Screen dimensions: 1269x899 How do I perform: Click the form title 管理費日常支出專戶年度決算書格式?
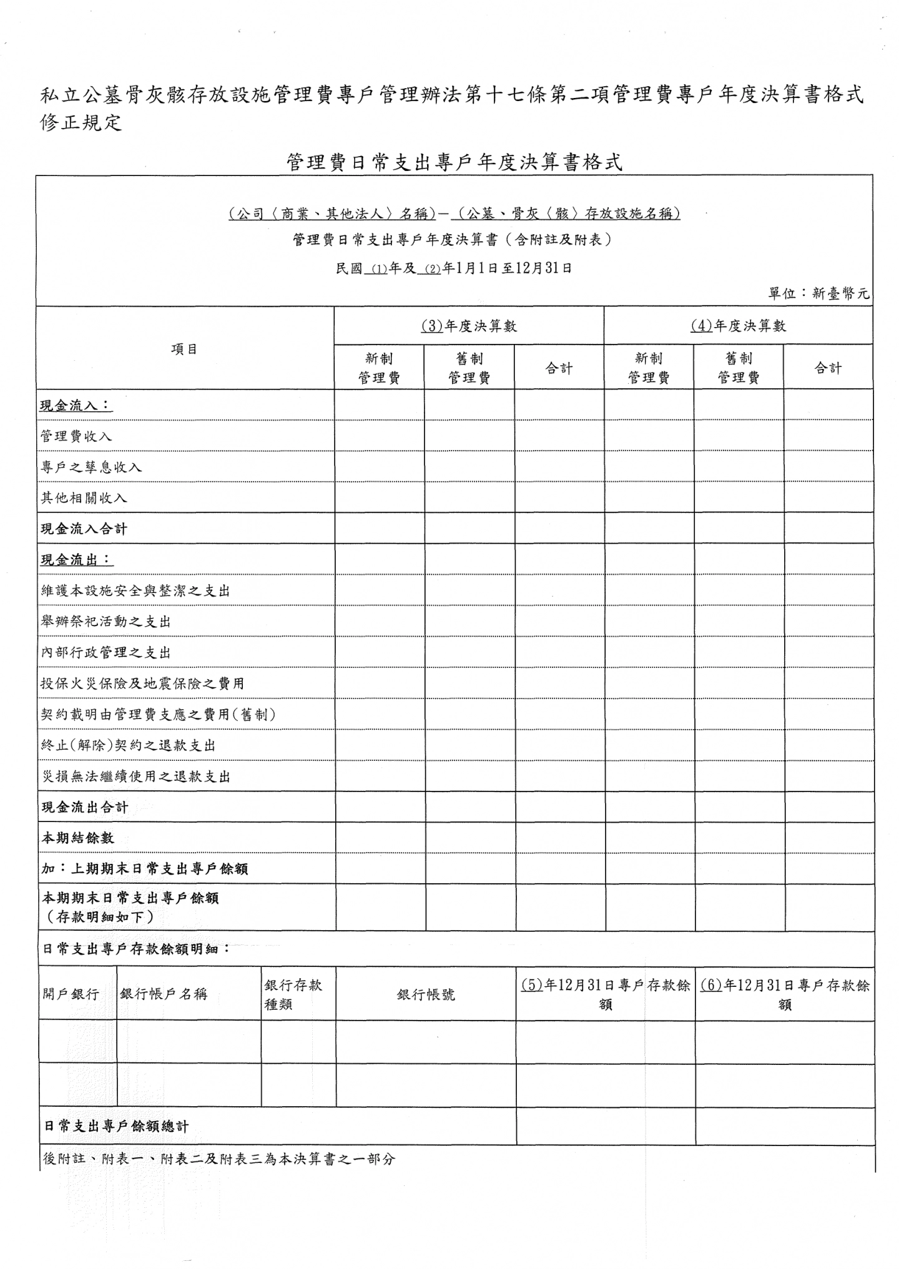[454, 163]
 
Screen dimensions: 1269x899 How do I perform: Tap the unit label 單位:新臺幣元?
[818, 293]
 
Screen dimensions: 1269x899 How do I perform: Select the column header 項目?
[184, 349]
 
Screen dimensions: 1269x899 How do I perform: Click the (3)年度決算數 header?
[469, 326]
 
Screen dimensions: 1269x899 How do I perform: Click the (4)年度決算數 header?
[738, 326]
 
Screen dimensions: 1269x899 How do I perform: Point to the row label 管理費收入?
[76, 436]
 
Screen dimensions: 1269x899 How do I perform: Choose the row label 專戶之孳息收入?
[91, 467]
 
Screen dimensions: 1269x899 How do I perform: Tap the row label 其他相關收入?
[84, 497]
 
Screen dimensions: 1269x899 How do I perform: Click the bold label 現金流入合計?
[84, 529]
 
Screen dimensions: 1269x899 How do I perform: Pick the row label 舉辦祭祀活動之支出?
[106, 622]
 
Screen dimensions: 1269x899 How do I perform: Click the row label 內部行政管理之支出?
[106, 653]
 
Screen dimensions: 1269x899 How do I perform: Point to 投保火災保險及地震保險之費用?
[142, 683]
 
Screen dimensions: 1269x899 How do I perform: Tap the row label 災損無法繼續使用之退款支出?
[135, 777]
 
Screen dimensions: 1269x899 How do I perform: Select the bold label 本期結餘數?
[77, 838]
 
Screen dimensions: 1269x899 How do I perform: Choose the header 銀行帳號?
[426, 994]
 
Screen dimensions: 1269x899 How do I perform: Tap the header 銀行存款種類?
[293, 994]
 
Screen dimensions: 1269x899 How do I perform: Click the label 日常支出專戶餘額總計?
[115, 1127]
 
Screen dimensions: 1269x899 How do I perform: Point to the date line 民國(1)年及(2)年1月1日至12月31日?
[454, 268]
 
